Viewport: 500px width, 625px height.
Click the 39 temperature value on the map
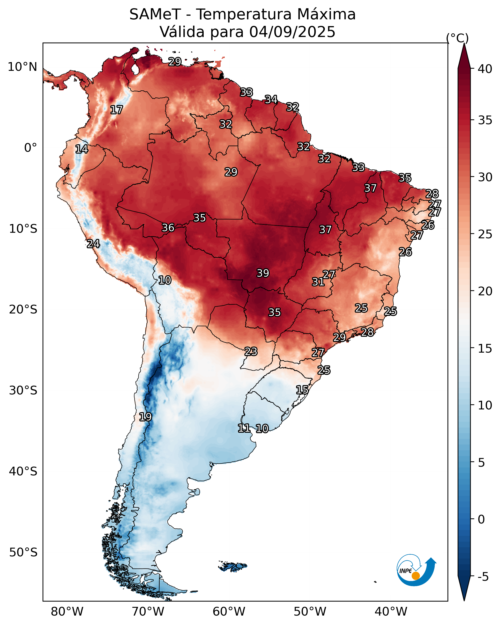(263, 273)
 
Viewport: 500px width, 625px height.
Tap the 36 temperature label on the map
(168, 228)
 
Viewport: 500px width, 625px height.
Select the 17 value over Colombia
(117, 110)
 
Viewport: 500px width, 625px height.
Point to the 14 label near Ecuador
(82, 149)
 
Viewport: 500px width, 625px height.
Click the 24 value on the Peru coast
(93, 244)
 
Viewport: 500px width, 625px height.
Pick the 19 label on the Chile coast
(145, 417)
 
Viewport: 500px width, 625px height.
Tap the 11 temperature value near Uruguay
(244, 428)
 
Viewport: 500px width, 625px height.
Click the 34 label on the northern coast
(271, 99)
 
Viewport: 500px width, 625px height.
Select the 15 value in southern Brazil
(302, 390)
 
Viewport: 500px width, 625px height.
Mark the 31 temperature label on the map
(318, 282)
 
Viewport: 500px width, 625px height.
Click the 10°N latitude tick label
(22, 67)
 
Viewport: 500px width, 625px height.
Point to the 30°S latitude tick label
(23, 391)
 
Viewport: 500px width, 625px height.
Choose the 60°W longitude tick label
(229, 611)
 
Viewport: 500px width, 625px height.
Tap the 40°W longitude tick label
(391, 611)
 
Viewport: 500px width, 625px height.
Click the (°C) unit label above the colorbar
(457, 38)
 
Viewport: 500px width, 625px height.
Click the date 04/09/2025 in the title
(292, 32)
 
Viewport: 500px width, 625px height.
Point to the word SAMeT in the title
(155, 14)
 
